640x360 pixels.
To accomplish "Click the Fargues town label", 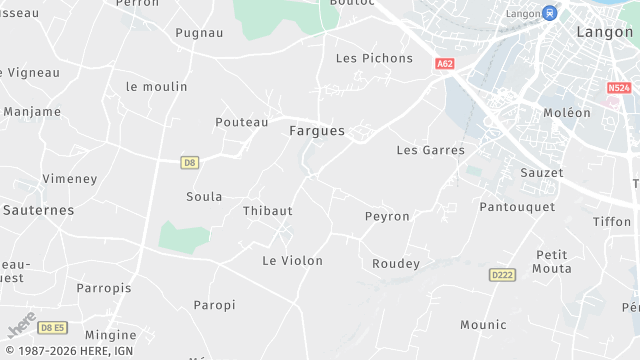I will coord(316,131).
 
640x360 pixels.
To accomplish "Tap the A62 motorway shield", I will coord(445,63).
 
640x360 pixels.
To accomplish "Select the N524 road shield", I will coord(619,88).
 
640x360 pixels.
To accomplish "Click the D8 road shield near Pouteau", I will coord(190,162).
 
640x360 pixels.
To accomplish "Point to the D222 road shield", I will coord(502,274).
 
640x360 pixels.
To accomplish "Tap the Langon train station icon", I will coord(549,13).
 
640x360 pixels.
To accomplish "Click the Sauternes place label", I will coord(38,210).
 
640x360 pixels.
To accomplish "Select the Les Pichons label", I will coord(374,58).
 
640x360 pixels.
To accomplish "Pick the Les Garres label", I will coord(430,150).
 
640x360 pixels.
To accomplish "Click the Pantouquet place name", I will coord(517,206).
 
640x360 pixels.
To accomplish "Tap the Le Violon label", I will coord(292,260).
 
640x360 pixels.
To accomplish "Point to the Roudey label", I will coord(396,264).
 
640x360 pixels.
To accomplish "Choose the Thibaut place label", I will coord(268,211).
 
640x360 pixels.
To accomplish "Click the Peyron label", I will coord(387,216).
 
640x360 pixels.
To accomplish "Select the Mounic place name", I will coord(483,324).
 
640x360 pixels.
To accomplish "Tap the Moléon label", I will coord(567,113).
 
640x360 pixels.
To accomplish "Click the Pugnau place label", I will coord(199,33).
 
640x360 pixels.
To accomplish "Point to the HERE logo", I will coord(22,326).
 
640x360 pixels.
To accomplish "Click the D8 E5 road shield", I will coord(52,327).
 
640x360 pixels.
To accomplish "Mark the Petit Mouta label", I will coord(553,262).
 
